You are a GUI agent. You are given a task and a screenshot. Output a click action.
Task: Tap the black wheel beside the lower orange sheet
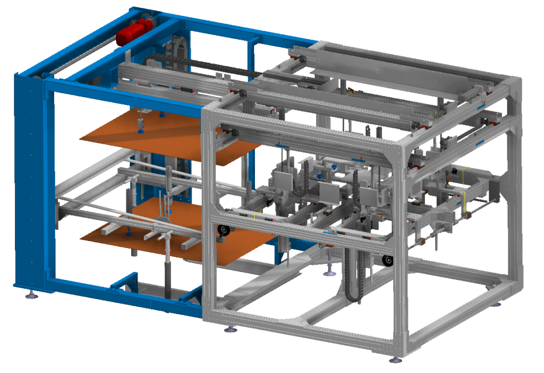point(223,231)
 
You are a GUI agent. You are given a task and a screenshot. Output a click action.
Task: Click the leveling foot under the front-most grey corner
point(395,359)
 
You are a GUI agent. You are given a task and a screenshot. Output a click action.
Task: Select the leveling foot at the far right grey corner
point(496,304)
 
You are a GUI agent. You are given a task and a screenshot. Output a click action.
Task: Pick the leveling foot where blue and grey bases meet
point(231,330)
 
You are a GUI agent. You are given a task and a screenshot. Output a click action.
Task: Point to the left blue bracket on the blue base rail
point(125,282)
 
